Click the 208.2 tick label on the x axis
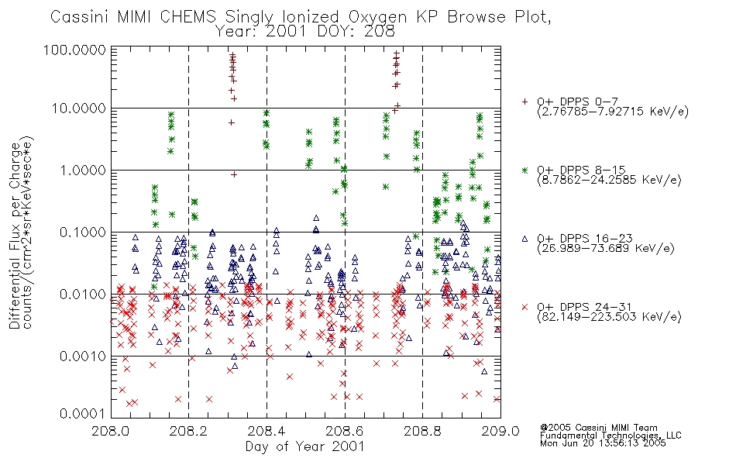[189, 431]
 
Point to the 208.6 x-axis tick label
[345, 431]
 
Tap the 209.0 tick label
[500, 431]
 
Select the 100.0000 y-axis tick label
[75, 50]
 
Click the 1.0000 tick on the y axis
[83, 170]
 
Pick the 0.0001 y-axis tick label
[83, 414]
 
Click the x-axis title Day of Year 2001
[305, 446]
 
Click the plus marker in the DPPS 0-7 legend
[524, 102]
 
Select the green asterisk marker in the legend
[524, 170]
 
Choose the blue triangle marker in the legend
[524, 239]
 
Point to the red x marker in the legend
[524, 307]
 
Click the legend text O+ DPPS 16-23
[585, 238]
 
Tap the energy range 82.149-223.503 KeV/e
[609, 317]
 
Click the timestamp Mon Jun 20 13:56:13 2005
[603, 443]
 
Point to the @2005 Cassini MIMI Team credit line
[599, 428]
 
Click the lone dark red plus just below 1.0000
[234, 174]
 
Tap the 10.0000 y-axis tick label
[79, 108]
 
